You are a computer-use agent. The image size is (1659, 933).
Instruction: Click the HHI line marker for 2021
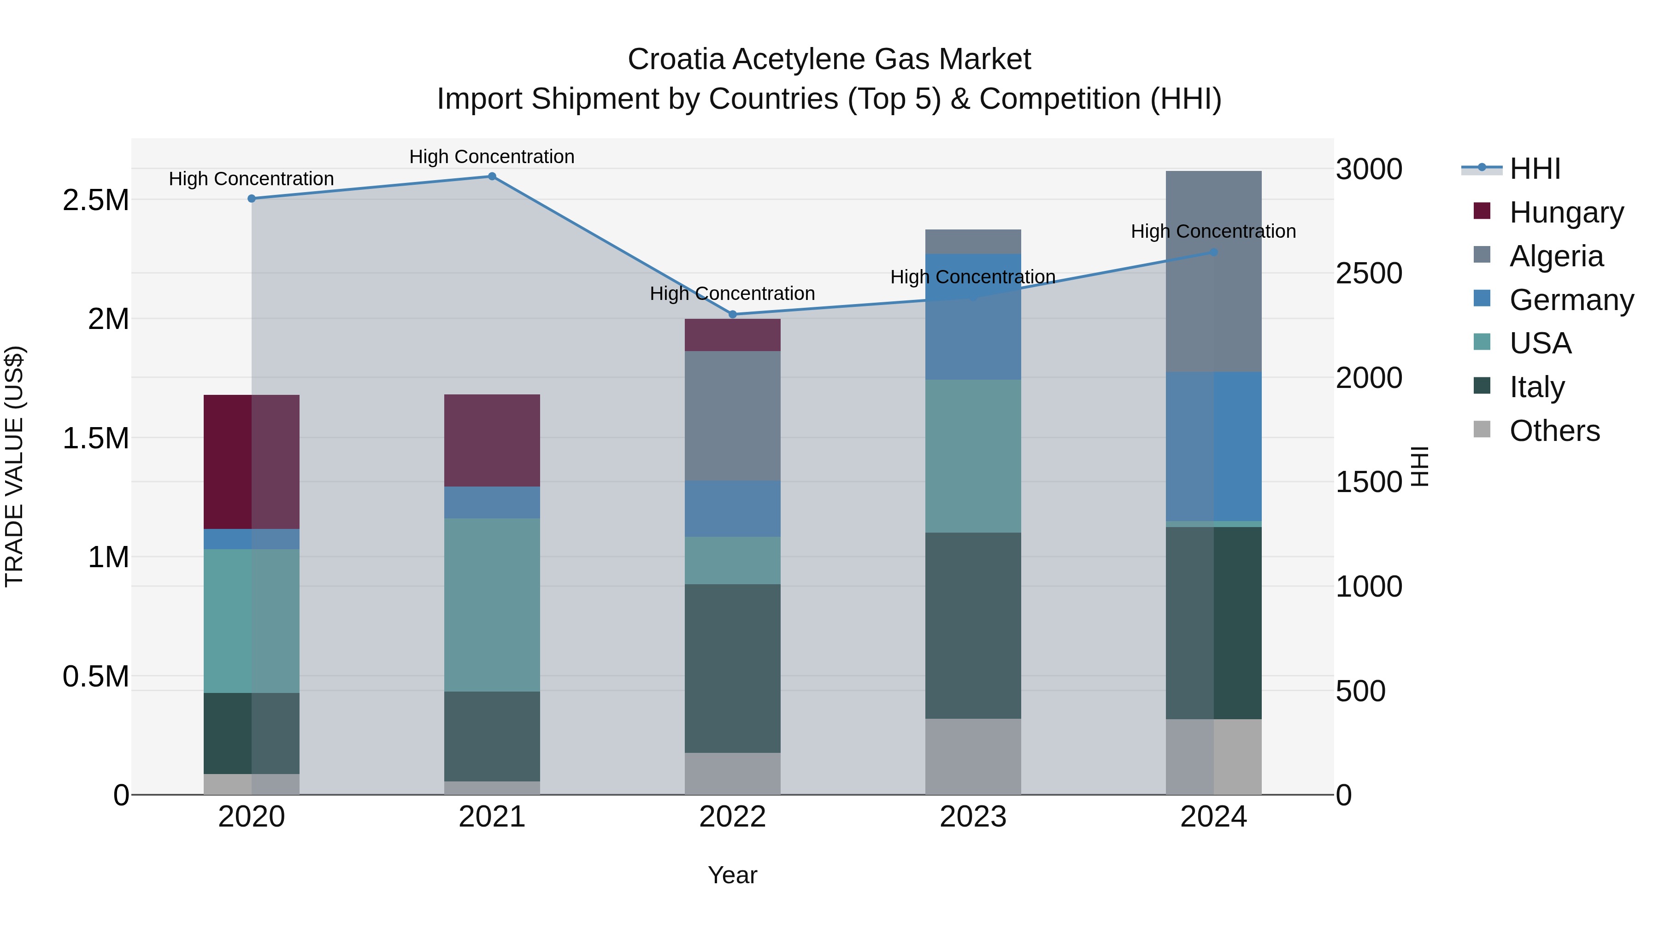click(492, 176)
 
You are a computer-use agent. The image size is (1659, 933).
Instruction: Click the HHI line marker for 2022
click(732, 314)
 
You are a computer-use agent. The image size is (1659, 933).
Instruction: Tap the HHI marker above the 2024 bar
click(1213, 252)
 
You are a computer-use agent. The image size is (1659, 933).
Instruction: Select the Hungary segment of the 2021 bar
click(492, 440)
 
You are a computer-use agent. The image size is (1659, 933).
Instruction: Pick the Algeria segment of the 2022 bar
click(732, 416)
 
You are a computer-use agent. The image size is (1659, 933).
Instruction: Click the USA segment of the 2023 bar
click(973, 456)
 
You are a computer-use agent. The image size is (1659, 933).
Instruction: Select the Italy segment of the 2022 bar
click(732, 669)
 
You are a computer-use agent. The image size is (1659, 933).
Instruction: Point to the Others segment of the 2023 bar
click(973, 757)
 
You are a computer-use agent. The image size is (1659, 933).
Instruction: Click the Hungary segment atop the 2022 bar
click(732, 335)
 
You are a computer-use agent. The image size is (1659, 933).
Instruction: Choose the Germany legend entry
click(1571, 300)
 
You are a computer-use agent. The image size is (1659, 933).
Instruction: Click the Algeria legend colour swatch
click(1482, 254)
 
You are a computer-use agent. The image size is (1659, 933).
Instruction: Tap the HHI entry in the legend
click(1534, 169)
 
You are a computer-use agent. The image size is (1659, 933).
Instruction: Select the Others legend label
click(1554, 431)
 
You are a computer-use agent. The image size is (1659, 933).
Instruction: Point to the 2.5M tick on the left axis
click(96, 200)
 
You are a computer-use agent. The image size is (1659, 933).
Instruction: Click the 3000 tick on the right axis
click(1369, 170)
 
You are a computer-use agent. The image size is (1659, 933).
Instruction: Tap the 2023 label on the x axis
click(973, 817)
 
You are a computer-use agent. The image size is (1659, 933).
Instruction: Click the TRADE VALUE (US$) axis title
click(15, 467)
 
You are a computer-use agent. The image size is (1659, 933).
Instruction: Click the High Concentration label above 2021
click(492, 157)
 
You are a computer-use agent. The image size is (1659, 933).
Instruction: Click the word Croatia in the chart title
click(676, 59)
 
